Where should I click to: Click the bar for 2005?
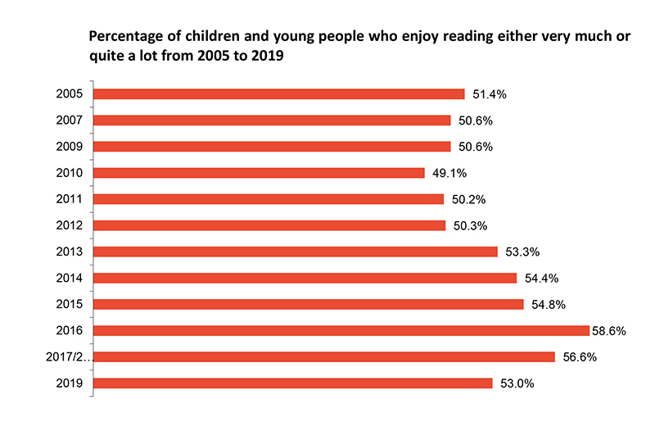279,94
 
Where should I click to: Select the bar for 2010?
260,173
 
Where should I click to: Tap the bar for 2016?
341,330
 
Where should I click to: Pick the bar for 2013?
296,252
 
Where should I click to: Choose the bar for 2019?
293,383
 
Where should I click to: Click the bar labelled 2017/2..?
325,356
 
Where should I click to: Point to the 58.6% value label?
608,331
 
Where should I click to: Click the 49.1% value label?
448,174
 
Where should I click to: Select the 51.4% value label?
488,95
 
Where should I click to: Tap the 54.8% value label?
547,305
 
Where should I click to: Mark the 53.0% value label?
516,383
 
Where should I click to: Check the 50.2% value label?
467,200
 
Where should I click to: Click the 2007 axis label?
70,120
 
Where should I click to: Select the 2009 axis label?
70,147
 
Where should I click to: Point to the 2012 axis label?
70,225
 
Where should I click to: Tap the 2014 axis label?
70,278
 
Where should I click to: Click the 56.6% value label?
578,357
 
